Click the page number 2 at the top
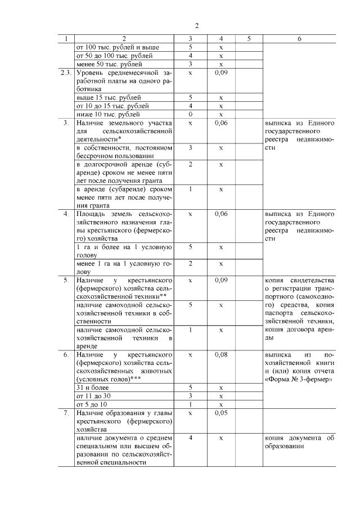(x=197, y=26)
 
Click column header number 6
(x=299, y=39)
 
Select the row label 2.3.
(x=66, y=73)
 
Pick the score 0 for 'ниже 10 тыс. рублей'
(x=190, y=114)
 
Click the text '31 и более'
(x=90, y=388)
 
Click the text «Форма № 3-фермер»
(x=299, y=380)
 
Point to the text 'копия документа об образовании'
(x=299, y=442)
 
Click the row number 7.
(x=66, y=413)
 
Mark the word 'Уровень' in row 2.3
(x=89, y=73)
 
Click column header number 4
(x=221, y=39)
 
